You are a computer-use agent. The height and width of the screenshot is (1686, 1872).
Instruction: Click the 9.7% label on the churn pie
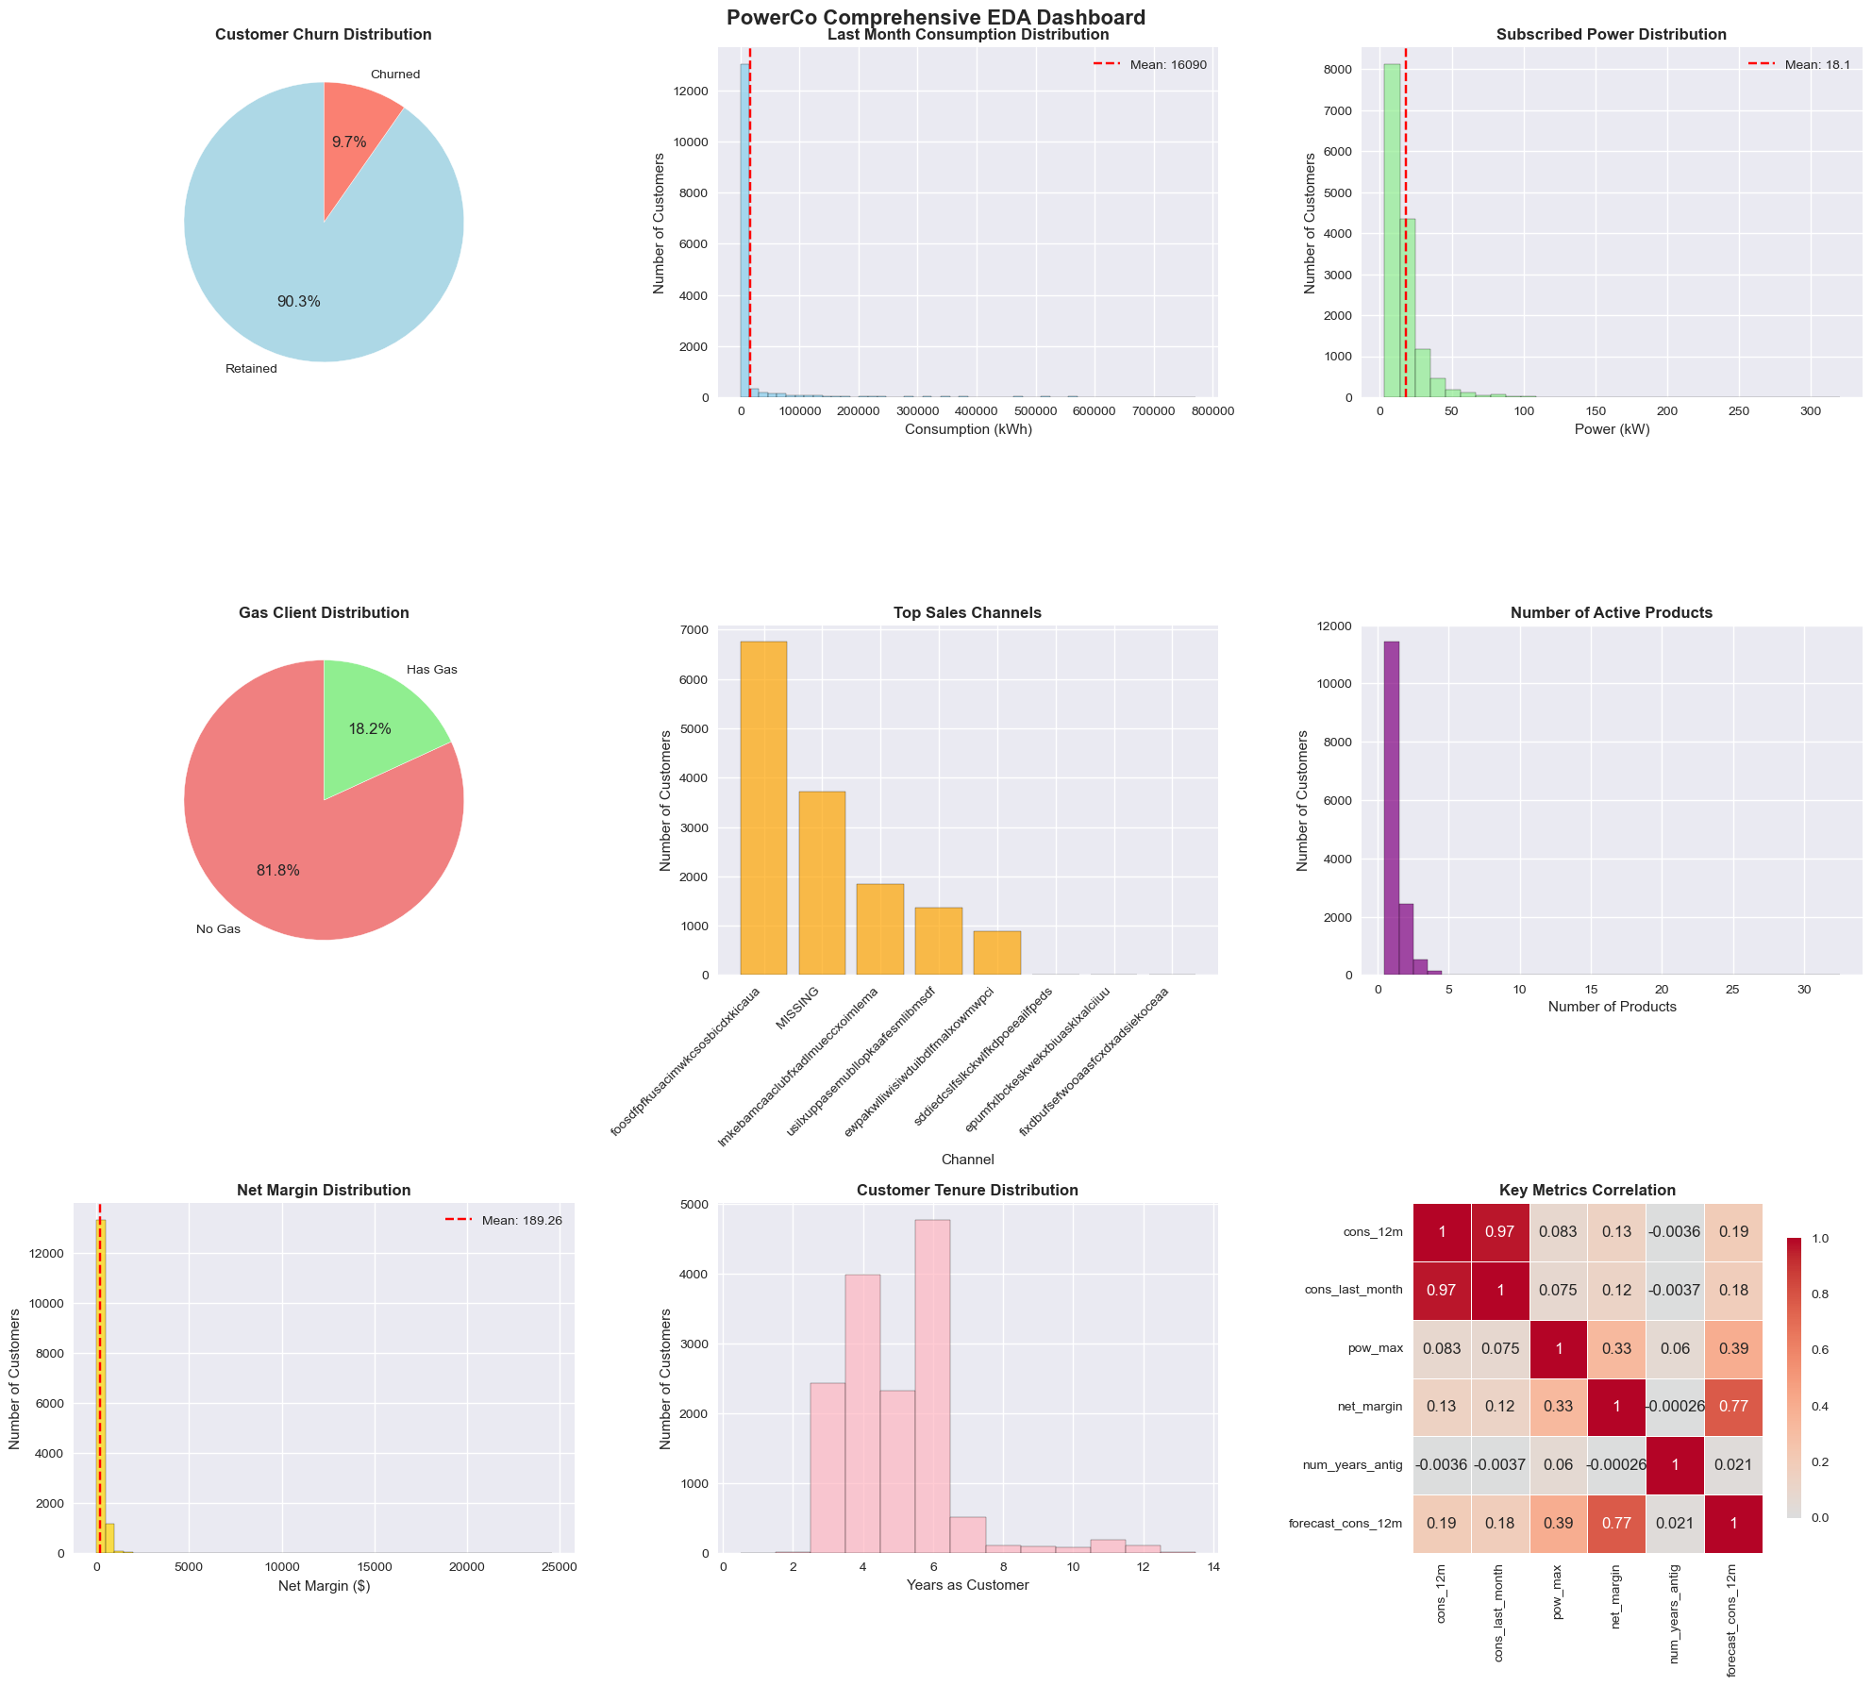349,142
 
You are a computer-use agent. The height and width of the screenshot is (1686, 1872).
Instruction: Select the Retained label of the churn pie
251,369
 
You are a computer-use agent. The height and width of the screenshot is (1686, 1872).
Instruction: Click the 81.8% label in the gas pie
277,871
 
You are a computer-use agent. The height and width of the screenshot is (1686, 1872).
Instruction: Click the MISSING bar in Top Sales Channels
822,882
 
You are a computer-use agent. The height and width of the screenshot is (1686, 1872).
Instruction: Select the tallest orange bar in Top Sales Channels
763,808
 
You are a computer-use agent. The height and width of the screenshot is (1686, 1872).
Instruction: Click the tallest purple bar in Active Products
1391,808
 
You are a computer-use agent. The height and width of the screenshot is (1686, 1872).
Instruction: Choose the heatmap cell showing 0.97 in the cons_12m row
1500,1231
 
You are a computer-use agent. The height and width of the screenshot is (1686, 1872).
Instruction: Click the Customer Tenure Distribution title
967,1191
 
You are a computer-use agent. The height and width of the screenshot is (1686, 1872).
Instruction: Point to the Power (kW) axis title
1612,429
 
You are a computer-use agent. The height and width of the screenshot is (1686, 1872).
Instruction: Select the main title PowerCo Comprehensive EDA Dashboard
935,17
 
